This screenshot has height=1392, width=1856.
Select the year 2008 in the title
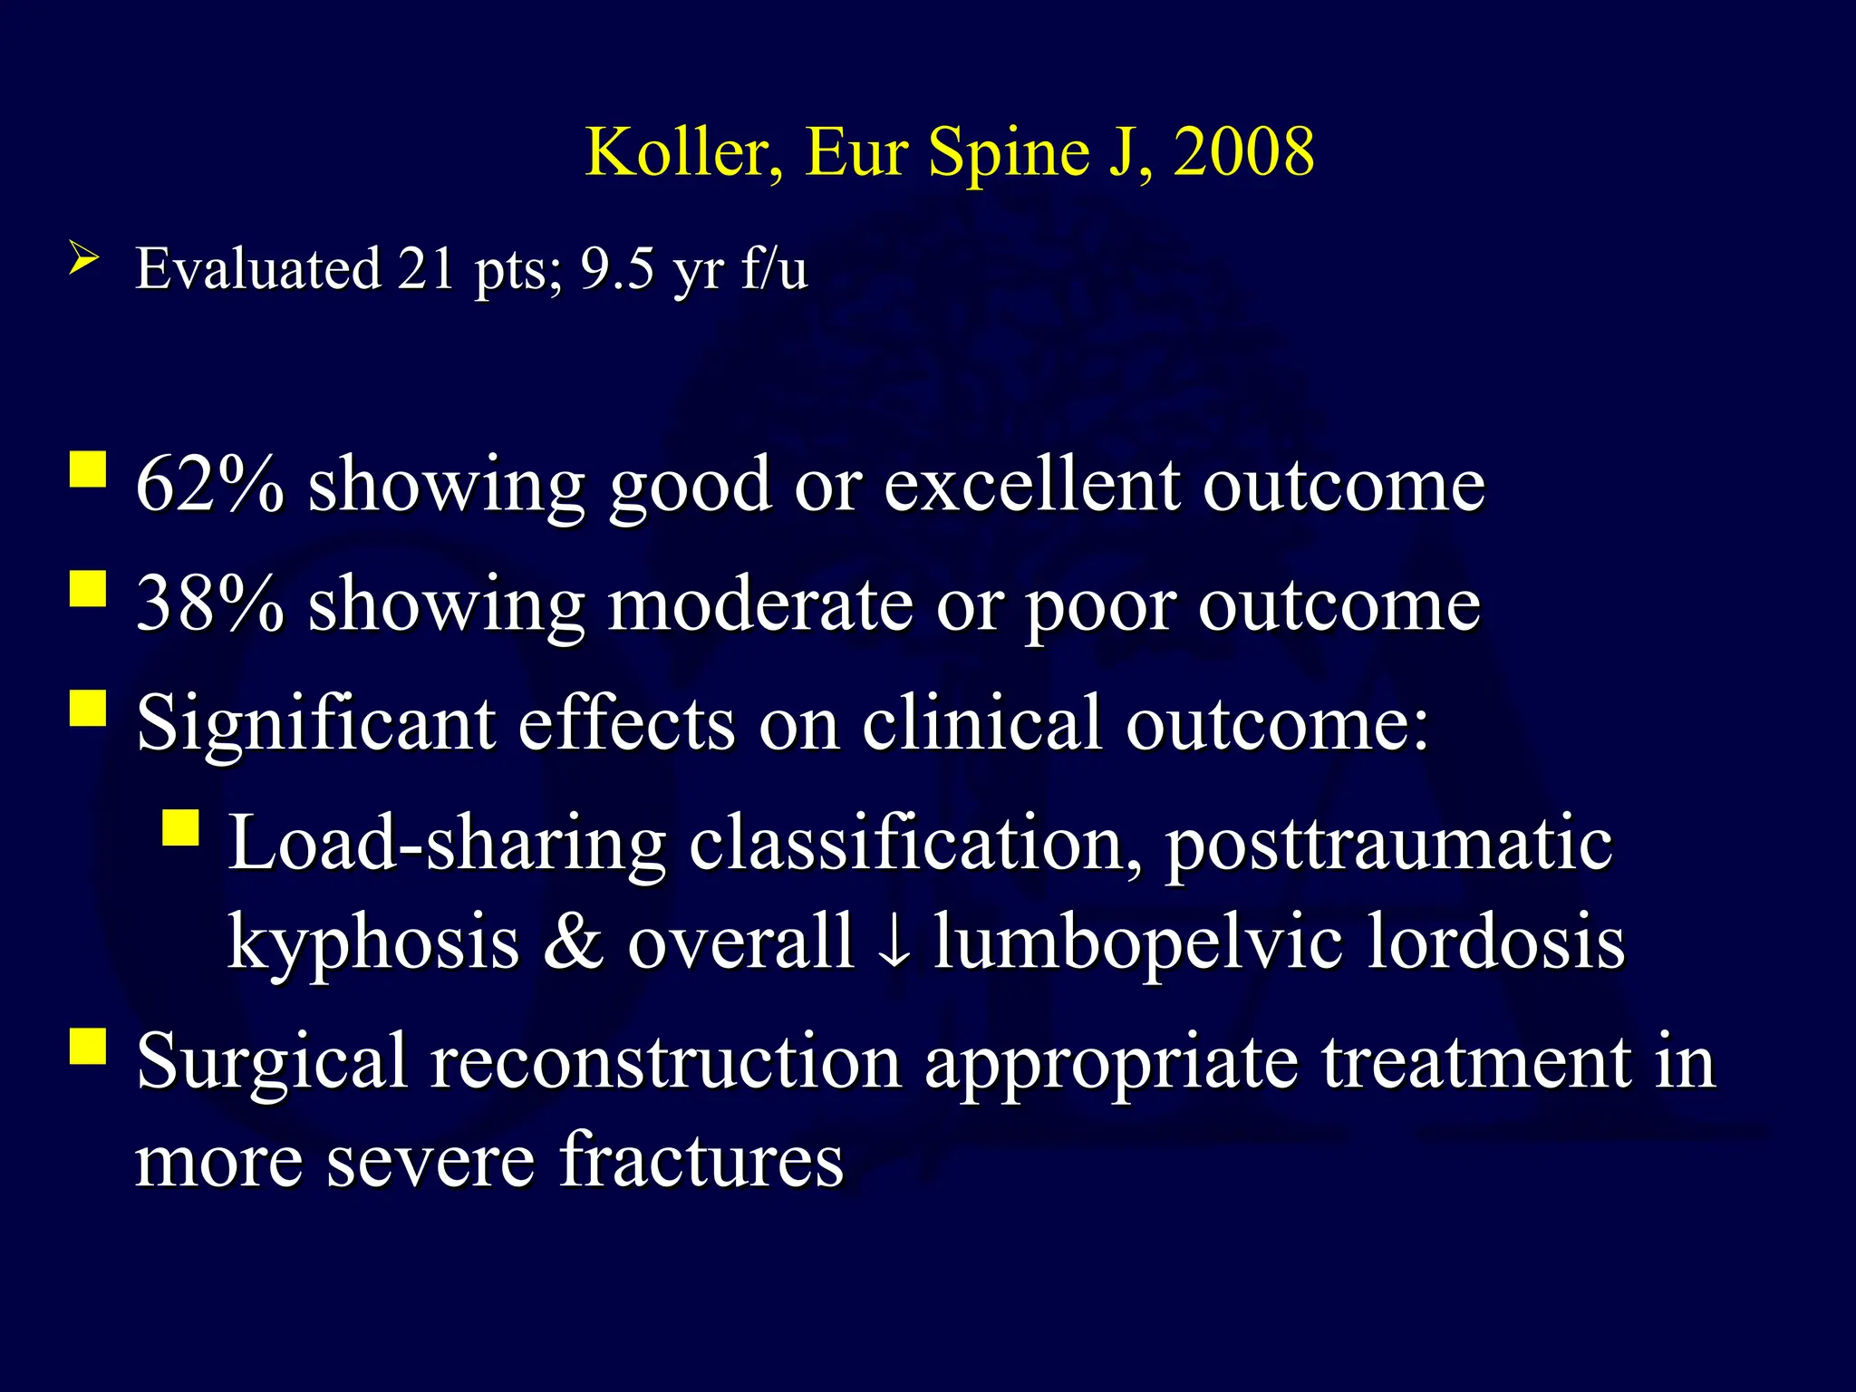pos(1243,152)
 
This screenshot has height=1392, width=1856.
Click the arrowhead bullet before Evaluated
pos(82,260)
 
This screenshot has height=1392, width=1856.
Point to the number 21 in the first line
pos(426,269)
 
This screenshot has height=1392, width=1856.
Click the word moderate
pos(759,604)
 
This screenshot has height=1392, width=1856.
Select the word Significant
pos(315,725)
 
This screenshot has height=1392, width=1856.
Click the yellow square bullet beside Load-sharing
pos(180,827)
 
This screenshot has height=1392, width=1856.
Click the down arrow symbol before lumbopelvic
pos(894,942)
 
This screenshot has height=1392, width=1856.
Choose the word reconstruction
pos(665,1062)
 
